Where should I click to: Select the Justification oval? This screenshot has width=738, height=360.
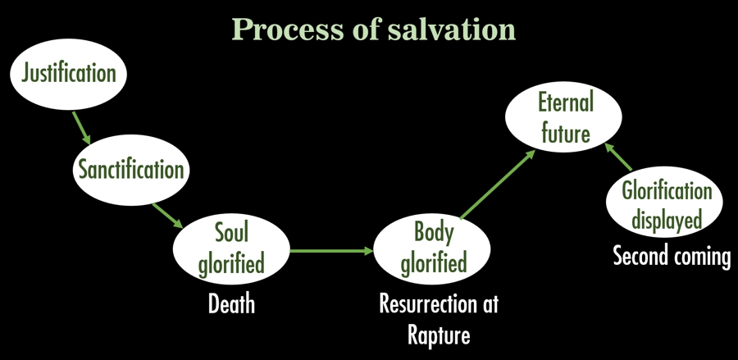pos(69,74)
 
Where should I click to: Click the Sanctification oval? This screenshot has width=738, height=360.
pos(131,170)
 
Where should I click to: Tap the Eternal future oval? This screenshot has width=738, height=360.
pos(565,118)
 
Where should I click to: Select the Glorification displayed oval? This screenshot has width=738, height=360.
pos(666,204)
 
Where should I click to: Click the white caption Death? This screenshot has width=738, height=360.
pos(231,305)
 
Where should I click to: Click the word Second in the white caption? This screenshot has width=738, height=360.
pos(642,256)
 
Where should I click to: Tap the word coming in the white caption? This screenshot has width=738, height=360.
pos(702,257)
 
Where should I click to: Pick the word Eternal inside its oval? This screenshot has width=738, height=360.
pos(565,104)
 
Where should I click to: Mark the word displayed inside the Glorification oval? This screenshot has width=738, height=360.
pos(666,219)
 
